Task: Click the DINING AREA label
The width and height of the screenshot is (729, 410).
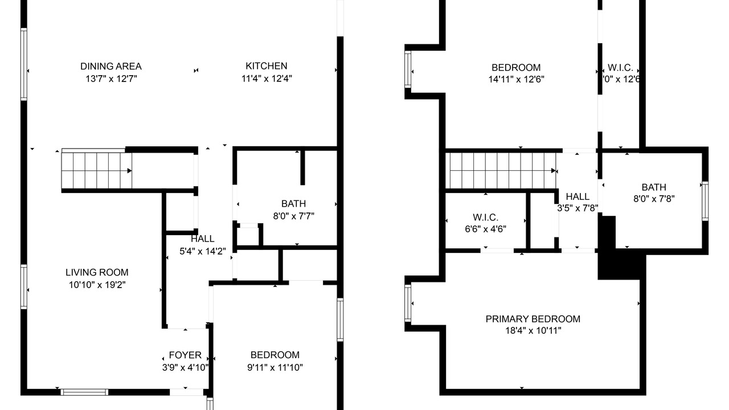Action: pyautogui.click(x=111, y=67)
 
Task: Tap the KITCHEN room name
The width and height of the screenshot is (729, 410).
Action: pyautogui.click(x=266, y=66)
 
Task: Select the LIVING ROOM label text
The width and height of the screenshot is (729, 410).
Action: pyautogui.click(x=97, y=272)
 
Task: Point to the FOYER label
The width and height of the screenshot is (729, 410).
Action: pyautogui.click(x=185, y=355)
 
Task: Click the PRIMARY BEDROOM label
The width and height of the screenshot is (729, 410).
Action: pyautogui.click(x=533, y=319)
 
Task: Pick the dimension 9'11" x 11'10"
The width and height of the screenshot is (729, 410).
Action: pyautogui.click(x=275, y=367)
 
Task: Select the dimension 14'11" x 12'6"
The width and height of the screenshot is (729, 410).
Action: pyautogui.click(x=516, y=79)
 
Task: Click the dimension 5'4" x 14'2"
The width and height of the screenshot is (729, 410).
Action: pyautogui.click(x=202, y=251)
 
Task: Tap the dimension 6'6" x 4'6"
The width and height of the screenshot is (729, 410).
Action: pyautogui.click(x=486, y=229)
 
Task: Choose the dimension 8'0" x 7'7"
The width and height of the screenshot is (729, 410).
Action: pyautogui.click(x=293, y=216)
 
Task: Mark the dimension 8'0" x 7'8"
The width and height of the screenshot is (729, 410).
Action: pyautogui.click(x=654, y=199)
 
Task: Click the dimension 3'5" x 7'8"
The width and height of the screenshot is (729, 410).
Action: pyautogui.click(x=578, y=208)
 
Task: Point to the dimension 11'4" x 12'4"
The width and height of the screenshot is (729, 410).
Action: pyautogui.click(x=267, y=79)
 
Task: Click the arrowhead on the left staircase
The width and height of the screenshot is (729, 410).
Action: pyautogui.click(x=129, y=170)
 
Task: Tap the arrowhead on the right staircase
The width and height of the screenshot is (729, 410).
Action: pyautogui.click(x=553, y=170)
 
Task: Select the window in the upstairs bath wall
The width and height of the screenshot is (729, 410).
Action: pyautogui.click(x=705, y=202)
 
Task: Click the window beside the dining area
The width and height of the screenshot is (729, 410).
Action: pyautogui.click(x=24, y=64)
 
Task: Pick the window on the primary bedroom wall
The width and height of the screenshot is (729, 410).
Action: pyautogui.click(x=408, y=304)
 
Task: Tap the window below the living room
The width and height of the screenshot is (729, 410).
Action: pyautogui.click(x=85, y=392)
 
